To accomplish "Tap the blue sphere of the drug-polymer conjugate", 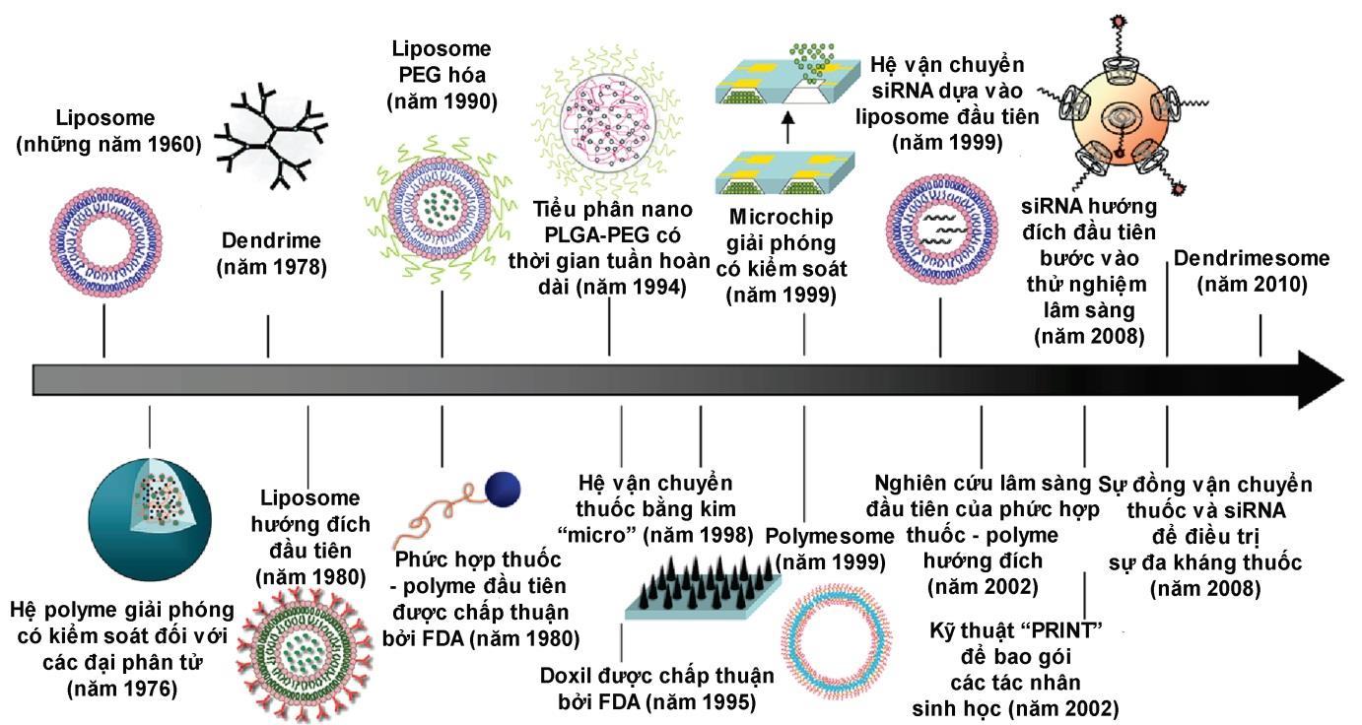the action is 503,488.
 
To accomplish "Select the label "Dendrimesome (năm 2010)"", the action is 1252,272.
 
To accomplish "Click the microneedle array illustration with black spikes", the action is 703,581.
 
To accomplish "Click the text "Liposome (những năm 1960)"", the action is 109,132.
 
